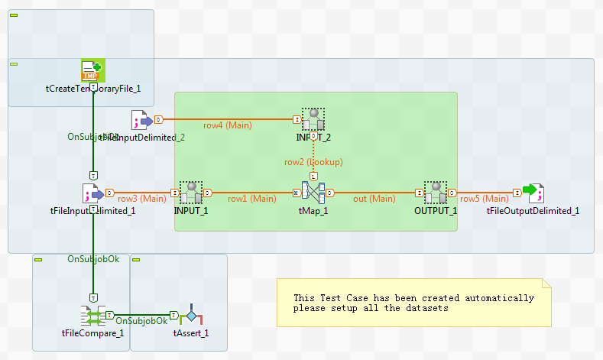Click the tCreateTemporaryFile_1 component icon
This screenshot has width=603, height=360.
point(92,70)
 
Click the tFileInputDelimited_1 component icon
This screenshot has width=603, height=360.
point(92,193)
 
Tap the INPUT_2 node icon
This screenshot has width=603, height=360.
point(313,119)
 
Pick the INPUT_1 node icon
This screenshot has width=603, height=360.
point(191,193)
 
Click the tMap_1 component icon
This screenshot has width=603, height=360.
point(313,193)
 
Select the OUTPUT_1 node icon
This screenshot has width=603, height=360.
point(436,193)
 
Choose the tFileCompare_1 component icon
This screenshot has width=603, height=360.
point(92,315)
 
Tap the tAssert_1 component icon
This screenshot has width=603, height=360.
point(190,315)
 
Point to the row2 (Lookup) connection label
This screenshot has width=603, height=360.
point(313,162)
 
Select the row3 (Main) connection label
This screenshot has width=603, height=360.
point(141,199)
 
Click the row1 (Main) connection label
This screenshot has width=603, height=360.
point(251,199)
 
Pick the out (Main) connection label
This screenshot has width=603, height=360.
point(374,199)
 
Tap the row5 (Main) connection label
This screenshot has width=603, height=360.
point(484,199)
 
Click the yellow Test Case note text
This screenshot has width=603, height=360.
point(413,303)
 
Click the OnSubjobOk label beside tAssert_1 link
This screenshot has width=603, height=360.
point(141,320)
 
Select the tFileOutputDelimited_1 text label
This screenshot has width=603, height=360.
point(533,211)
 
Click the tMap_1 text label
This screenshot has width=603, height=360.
point(313,211)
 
